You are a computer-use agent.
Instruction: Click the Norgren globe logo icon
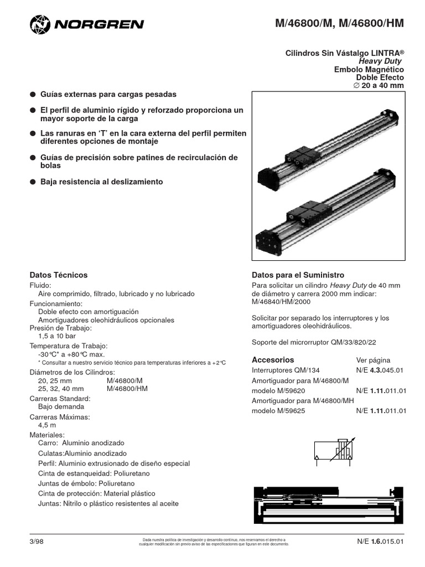pyautogui.click(x=39, y=24)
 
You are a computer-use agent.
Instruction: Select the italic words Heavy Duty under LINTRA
pyautogui.click(x=381, y=61)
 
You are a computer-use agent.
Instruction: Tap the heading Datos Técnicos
pyautogui.click(x=58, y=275)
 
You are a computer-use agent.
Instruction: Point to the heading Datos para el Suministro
pyautogui.click(x=298, y=275)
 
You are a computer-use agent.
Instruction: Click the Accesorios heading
pyautogui.click(x=273, y=360)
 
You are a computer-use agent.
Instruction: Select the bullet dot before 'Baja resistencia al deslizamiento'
pyautogui.click(x=33, y=182)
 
